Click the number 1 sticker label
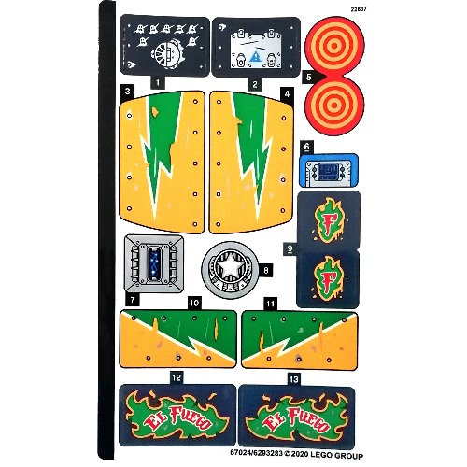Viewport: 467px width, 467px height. pos(158,82)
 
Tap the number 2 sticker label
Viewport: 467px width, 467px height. pos(255,84)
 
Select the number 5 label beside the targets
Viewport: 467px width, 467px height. pos(308,77)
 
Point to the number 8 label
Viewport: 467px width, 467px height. pos(266,270)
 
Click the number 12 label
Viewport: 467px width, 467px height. pos(177,377)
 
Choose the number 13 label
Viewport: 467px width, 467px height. pos(293,379)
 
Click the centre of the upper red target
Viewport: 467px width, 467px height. pos(334,46)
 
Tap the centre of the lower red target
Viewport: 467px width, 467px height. pos(334,106)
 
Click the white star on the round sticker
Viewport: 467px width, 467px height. pos(230,266)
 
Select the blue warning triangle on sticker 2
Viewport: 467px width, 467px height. pos(256,57)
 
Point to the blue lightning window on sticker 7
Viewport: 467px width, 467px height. pos(153,262)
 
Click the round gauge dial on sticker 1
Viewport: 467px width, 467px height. pos(167,55)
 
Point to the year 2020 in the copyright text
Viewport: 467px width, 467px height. pos(300,454)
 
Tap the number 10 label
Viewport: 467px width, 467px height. pos(194,303)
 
